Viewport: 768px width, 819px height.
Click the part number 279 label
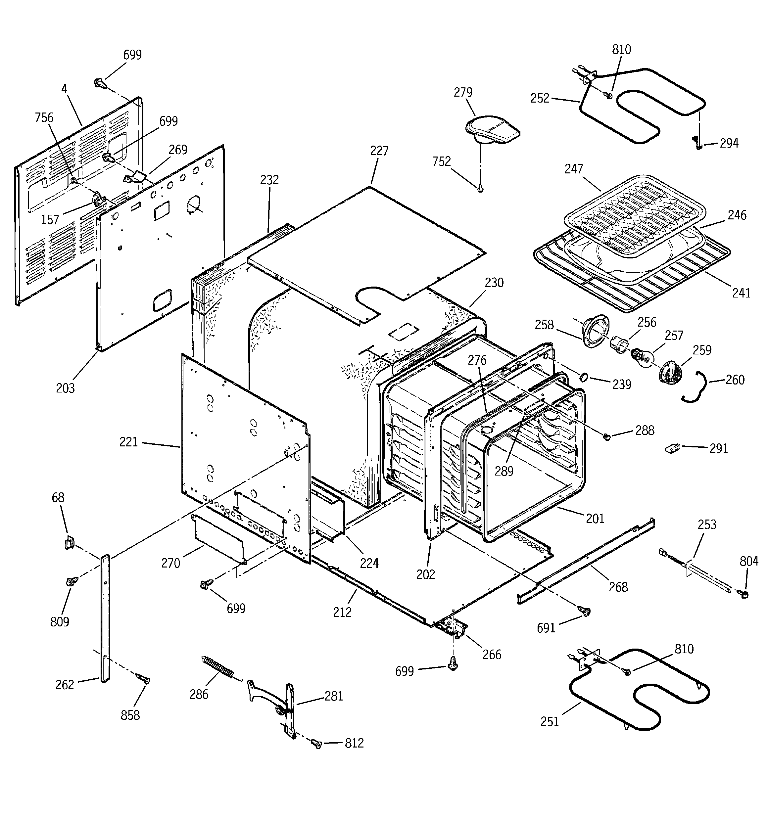click(462, 92)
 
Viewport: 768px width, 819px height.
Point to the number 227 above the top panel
click(379, 151)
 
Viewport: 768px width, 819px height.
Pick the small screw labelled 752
click(480, 189)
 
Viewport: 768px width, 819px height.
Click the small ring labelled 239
click(584, 377)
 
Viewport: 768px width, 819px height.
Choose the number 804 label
click(748, 561)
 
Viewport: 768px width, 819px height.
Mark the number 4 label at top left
click(64, 89)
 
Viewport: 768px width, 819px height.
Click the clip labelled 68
click(69, 543)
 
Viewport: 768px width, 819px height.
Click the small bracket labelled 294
click(697, 143)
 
